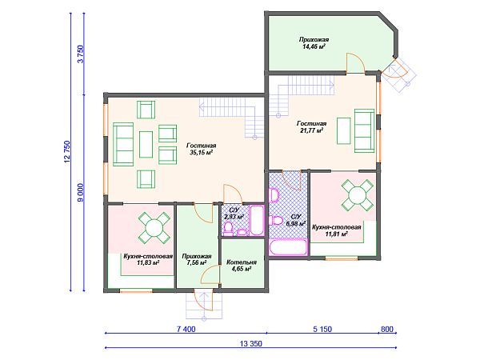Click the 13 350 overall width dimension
251,343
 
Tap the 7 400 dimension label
186,329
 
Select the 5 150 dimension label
322,329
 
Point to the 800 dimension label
386,329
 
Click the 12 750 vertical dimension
67,151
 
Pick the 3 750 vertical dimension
81,54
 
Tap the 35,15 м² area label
201,153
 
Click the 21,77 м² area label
312,130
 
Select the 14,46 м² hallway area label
314,47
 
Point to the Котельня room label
242,262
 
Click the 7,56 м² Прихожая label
196,263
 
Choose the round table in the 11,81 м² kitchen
358,195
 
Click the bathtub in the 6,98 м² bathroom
288,247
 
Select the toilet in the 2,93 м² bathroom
228,229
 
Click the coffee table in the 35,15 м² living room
146,145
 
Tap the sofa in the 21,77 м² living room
364,130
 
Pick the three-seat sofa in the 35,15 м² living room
123,145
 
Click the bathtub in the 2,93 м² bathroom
257,221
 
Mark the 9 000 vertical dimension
81,193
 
